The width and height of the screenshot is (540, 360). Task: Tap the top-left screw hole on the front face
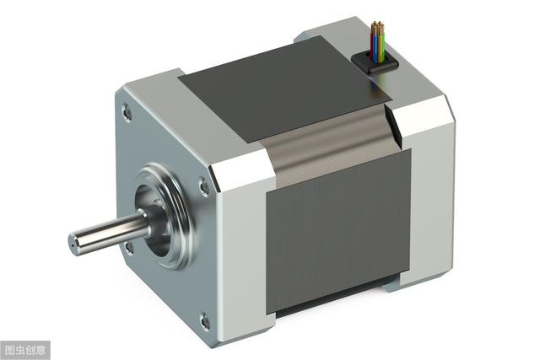pos(127,111)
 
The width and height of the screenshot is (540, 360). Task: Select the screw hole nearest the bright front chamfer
pos(204,187)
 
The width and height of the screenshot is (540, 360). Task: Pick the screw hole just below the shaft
pos(129,247)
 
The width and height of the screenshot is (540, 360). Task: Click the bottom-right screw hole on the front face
pos(205,321)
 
